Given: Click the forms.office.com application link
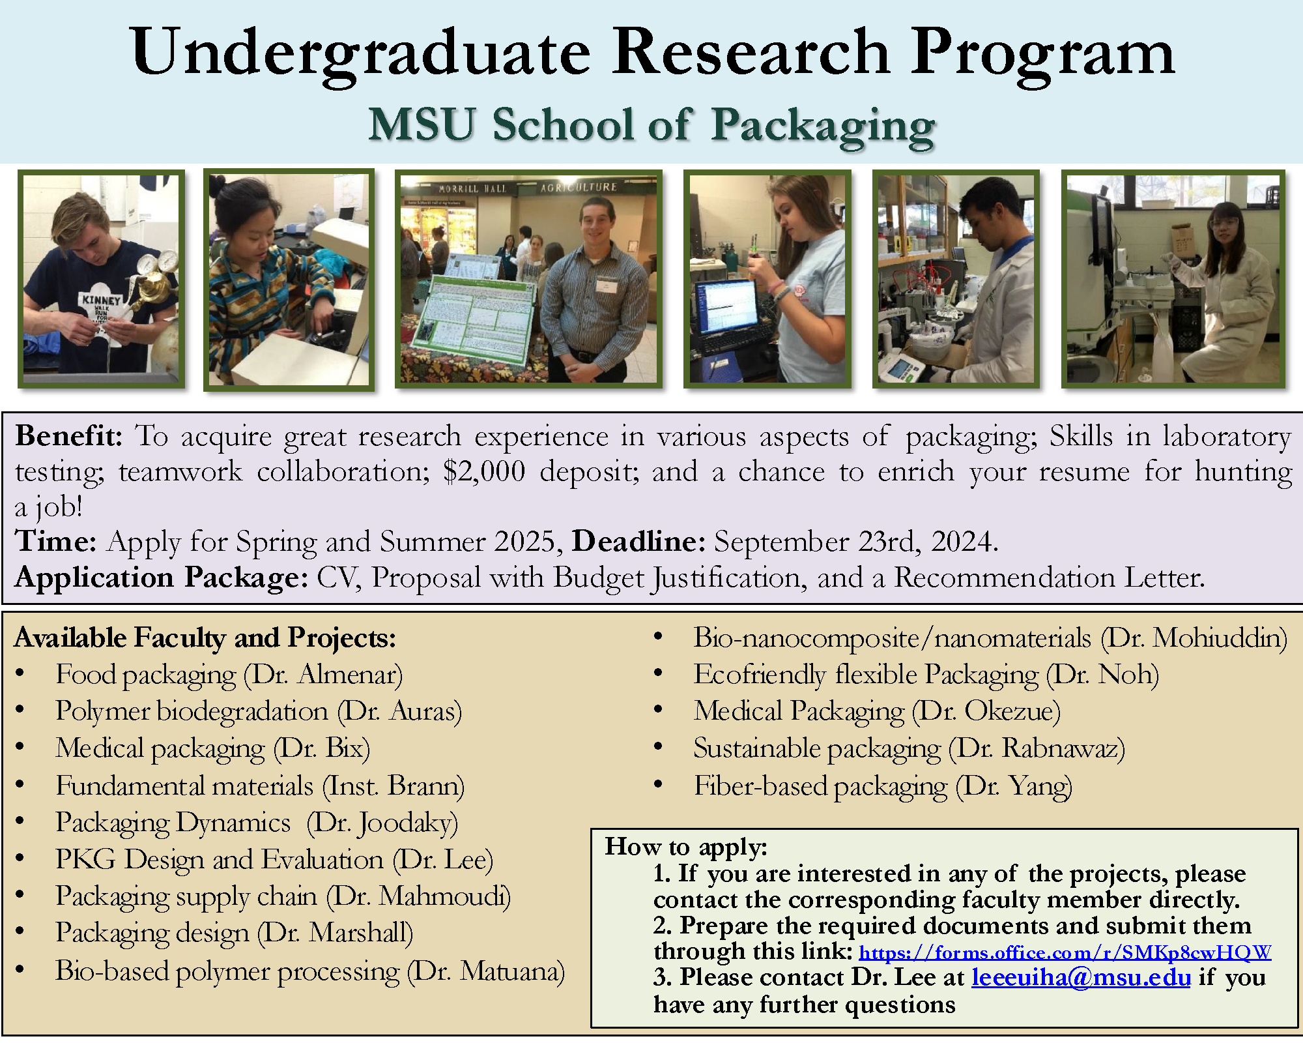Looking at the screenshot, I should click(x=1065, y=953).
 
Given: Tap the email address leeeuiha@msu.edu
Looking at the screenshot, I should click(x=1081, y=978).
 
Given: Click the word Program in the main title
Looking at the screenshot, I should click(x=1042, y=53).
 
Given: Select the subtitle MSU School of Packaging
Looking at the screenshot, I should click(x=651, y=125).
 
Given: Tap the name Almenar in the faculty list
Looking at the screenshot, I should click(x=349, y=675).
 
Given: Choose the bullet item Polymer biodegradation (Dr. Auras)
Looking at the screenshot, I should click(x=259, y=711).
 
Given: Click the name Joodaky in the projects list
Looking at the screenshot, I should click(x=407, y=823).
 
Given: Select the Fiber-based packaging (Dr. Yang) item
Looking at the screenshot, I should click(x=883, y=786).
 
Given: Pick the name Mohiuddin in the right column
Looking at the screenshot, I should click(x=1218, y=638).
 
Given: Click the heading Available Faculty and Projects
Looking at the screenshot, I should click(x=205, y=638).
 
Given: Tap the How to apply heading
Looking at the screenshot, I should click(x=686, y=847).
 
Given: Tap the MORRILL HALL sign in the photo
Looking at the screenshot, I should click(x=472, y=188).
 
